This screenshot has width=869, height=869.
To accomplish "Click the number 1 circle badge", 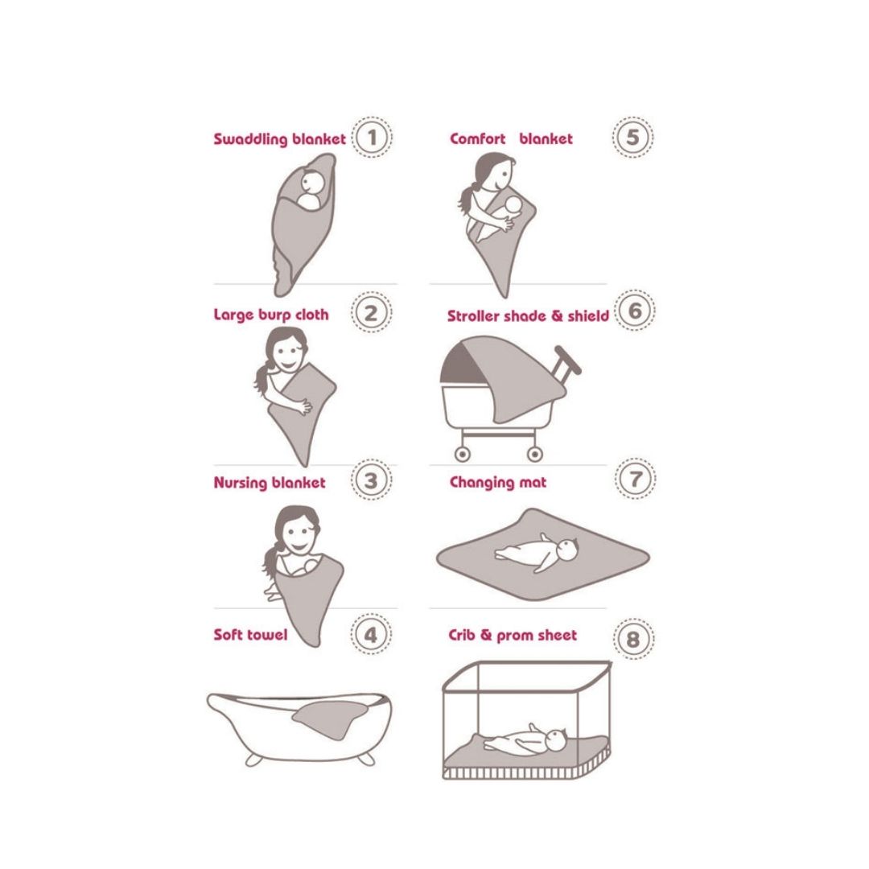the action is [x=372, y=137].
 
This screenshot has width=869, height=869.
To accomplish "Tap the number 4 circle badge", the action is [x=371, y=634].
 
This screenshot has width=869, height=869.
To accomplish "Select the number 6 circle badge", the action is [x=635, y=311].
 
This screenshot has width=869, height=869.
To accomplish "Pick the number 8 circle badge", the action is [x=633, y=639].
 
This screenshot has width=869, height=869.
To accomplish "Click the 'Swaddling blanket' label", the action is [x=280, y=139].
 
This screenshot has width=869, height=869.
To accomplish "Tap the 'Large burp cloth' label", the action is [x=271, y=315].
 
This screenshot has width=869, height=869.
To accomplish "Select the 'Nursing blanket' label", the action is [x=270, y=483].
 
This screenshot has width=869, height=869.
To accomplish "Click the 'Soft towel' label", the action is [x=250, y=635].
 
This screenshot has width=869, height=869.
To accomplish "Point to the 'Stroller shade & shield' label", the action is [x=528, y=316].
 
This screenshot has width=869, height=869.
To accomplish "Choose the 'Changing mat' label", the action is [x=498, y=483].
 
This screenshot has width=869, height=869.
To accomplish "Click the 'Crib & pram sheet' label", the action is [x=513, y=635].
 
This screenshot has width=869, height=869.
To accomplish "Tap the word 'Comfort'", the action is [x=478, y=138].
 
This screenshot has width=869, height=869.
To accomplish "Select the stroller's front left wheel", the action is [x=462, y=454].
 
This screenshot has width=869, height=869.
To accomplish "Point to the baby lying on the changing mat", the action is [x=537, y=552].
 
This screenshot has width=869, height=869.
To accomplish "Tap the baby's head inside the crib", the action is [x=554, y=740].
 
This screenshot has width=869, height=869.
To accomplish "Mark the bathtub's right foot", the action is [x=365, y=758].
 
